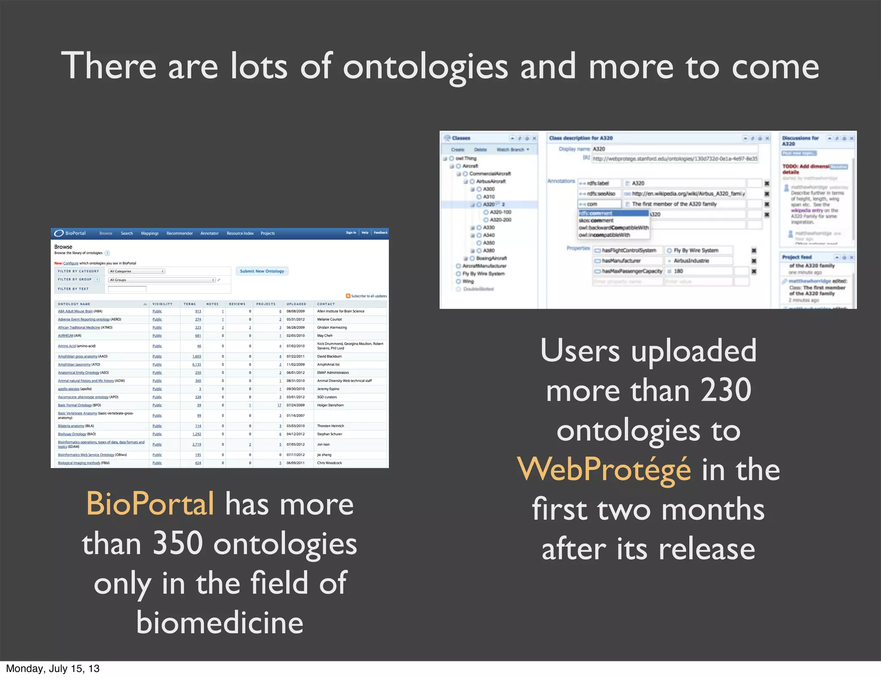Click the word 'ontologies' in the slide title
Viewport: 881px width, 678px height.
click(425, 68)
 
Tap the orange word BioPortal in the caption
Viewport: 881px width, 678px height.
click(150, 504)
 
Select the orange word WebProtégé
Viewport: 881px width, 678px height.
click(604, 470)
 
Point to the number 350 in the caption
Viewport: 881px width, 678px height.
click(178, 543)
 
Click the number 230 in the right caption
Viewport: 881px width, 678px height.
click(726, 390)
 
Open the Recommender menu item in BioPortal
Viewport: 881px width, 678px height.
click(179, 233)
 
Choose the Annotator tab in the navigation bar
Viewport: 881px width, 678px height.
click(209, 233)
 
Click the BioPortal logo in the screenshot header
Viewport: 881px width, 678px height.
click(70, 233)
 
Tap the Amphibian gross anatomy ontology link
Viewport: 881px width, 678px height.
click(77, 356)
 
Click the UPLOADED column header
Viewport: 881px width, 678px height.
click(296, 304)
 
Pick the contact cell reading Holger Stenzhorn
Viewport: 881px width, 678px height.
click(330, 405)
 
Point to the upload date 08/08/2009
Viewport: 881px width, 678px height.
click(296, 311)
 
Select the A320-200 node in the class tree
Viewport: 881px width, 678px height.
click(500, 220)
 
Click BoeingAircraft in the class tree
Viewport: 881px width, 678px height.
click(491, 258)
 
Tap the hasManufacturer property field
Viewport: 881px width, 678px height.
click(621, 261)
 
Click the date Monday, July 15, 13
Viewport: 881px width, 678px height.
click(52, 669)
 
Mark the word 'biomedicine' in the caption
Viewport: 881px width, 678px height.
click(220, 623)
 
